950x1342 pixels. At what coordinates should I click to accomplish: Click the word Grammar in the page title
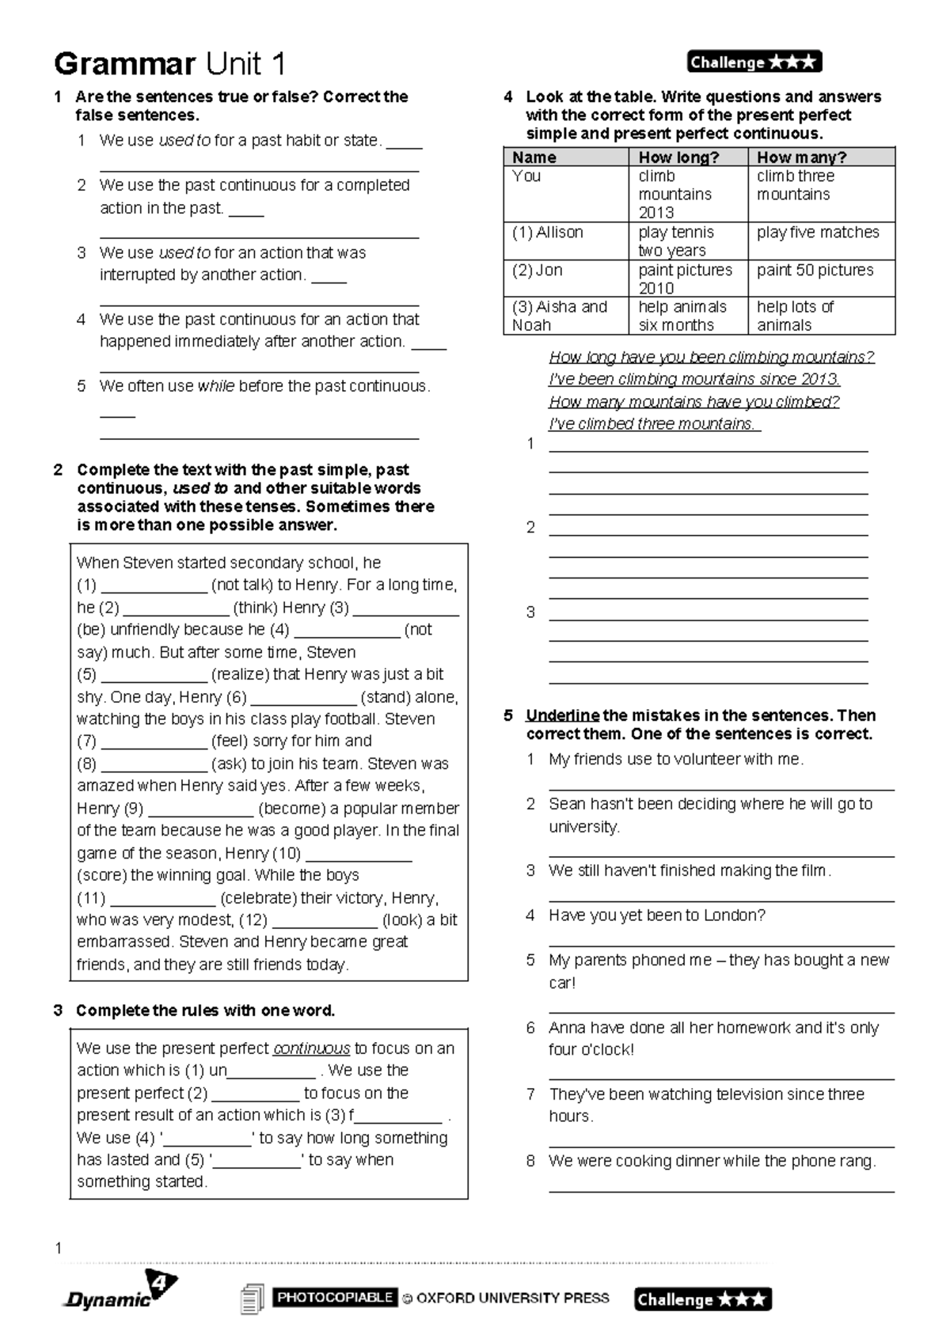click(x=124, y=63)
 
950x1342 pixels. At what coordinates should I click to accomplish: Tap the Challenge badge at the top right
click(x=754, y=62)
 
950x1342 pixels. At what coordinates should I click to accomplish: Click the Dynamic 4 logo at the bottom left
click(x=119, y=1291)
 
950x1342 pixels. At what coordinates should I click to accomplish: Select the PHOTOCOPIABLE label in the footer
click(x=334, y=1297)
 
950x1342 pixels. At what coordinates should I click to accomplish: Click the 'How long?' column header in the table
click(x=678, y=157)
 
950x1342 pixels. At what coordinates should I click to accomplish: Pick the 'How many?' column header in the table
click(x=801, y=157)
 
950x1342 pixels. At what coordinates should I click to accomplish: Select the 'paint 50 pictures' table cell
click(x=815, y=270)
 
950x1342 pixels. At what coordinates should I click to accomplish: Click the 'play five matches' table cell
click(x=818, y=233)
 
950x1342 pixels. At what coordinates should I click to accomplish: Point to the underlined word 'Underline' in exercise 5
click(x=562, y=715)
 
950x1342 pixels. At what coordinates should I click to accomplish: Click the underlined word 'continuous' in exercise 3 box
click(x=311, y=1048)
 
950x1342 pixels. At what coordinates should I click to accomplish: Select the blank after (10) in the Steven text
click(x=358, y=854)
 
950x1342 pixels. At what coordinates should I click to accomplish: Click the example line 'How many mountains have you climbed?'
click(x=693, y=402)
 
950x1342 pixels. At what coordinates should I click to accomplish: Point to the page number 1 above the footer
click(x=58, y=1248)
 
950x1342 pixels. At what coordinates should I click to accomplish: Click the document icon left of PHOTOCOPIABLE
click(x=251, y=1298)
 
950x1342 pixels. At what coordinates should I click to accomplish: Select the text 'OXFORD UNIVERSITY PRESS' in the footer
click(x=512, y=1298)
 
